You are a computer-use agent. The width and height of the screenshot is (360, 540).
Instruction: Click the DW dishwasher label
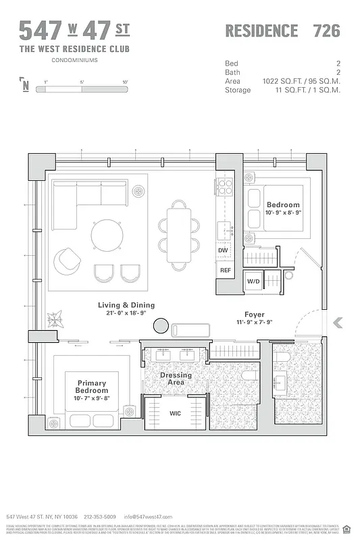223,250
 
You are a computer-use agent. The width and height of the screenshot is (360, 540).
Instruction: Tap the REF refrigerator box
224,270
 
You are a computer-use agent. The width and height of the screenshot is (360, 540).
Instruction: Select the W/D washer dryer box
253,281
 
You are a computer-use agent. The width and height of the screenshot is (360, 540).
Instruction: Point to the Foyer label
255,315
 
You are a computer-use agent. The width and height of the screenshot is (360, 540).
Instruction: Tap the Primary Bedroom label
92,387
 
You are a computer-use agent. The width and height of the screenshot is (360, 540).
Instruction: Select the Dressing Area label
176,379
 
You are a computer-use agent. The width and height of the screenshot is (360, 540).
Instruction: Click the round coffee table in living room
107,235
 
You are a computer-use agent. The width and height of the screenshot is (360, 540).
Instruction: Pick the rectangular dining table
179,234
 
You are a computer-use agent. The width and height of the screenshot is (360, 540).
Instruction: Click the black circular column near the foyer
161,326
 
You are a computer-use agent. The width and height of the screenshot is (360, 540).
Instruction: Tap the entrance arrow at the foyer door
338,323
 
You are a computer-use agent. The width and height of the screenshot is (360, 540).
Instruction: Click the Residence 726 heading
282,30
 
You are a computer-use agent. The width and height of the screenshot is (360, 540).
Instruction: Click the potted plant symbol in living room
54,317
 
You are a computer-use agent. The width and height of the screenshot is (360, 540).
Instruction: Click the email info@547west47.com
144,516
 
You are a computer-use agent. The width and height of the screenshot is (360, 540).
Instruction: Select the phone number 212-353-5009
99,516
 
